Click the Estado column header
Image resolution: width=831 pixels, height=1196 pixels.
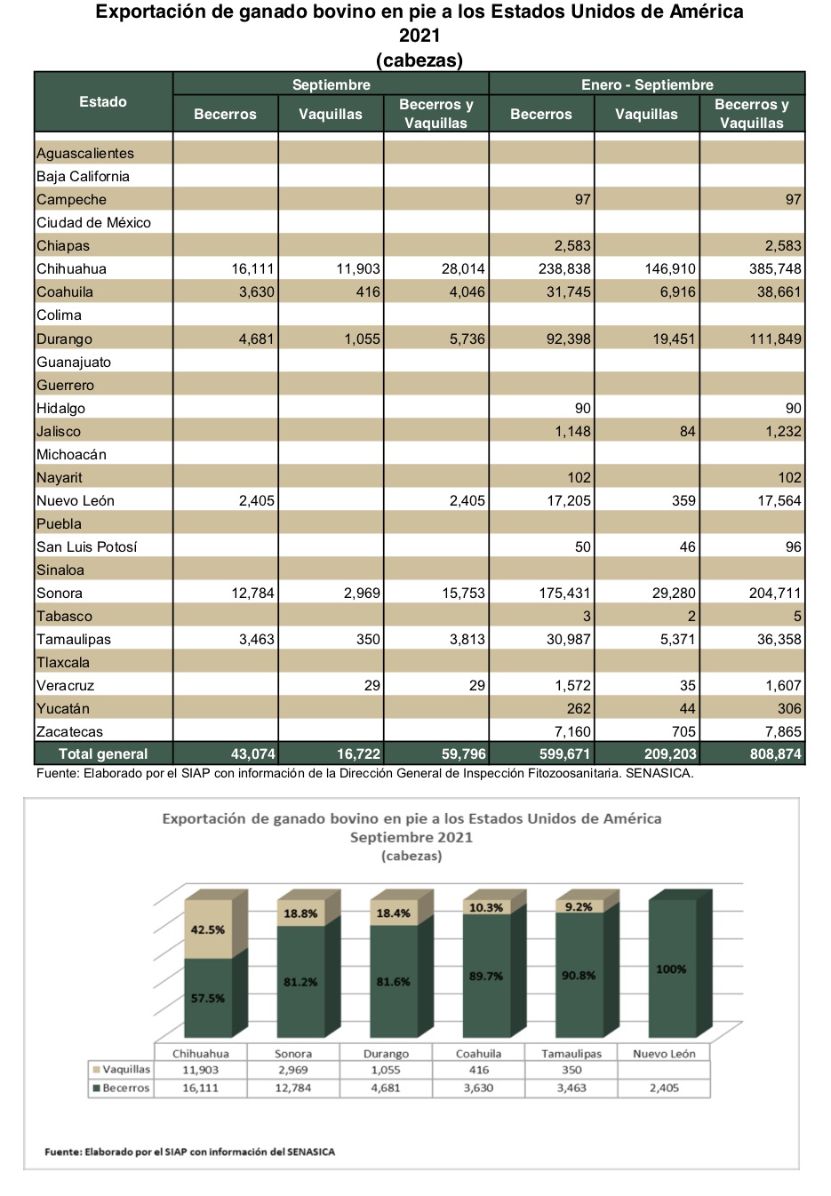pyautogui.click(x=103, y=101)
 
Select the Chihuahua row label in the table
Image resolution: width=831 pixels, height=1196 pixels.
pyautogui.click(x=72, y=268)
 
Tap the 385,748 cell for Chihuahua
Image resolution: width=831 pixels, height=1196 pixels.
pyautogui.click(x=775, y=268)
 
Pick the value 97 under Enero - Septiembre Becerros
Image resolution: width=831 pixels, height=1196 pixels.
pyautogui.click(x=583, y=199)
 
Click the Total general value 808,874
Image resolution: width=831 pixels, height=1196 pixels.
pyautogui.click(x=775, y=753)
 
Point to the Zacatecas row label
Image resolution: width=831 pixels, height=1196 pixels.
pyautogui.click(x=69, y=731)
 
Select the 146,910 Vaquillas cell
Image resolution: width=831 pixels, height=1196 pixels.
pyautogui.click(x=670, y=268)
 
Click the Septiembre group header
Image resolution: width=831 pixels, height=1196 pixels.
pyautogui.click(x=332, y=84)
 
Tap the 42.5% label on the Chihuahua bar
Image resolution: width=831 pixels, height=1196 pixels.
pyautogui.click(x=208, y=929)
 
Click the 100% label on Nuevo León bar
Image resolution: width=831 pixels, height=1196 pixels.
pyautogui.click(x=671, y=969)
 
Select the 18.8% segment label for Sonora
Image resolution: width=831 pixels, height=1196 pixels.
pyautogui.click(x=300, y=913)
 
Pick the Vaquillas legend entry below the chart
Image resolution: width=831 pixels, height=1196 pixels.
pyautogui.click(x=122, y=1069)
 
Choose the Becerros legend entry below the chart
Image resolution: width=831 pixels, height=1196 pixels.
pyautogui.click(x=122, y=1088)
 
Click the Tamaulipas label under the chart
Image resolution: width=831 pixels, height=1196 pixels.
pyautogui.click(x=571, y=1054)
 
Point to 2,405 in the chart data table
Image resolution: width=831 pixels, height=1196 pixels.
pyautogui.click(x=665, y=1088)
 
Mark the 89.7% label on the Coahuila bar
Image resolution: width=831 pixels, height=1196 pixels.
pyautogui.click(x=486, y=976)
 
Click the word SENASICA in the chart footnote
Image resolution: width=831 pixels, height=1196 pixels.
pyautogui.click(x=311, y=1152)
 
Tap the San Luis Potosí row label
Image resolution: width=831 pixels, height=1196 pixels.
pyautogui.click(x=86, y=546)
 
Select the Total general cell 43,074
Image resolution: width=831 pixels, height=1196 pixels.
pyautogui.click(x=253, y=753)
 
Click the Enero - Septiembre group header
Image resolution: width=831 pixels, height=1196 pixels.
pyautogui.click(x=647, y=84)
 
